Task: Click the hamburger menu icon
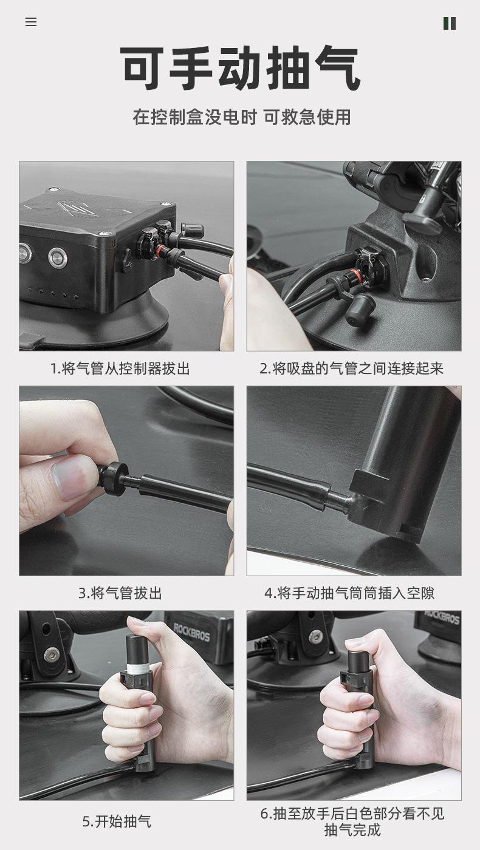31,22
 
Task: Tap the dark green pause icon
449,23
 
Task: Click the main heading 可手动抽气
240,68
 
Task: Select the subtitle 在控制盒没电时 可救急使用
242,117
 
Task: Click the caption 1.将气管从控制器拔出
120,369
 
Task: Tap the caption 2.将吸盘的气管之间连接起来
351,369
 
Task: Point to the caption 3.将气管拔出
120,593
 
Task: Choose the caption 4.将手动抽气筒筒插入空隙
349,593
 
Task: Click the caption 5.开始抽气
117,821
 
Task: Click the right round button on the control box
58,257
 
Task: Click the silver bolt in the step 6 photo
315,637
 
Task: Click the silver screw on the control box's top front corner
103,234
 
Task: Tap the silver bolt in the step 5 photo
50,653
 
